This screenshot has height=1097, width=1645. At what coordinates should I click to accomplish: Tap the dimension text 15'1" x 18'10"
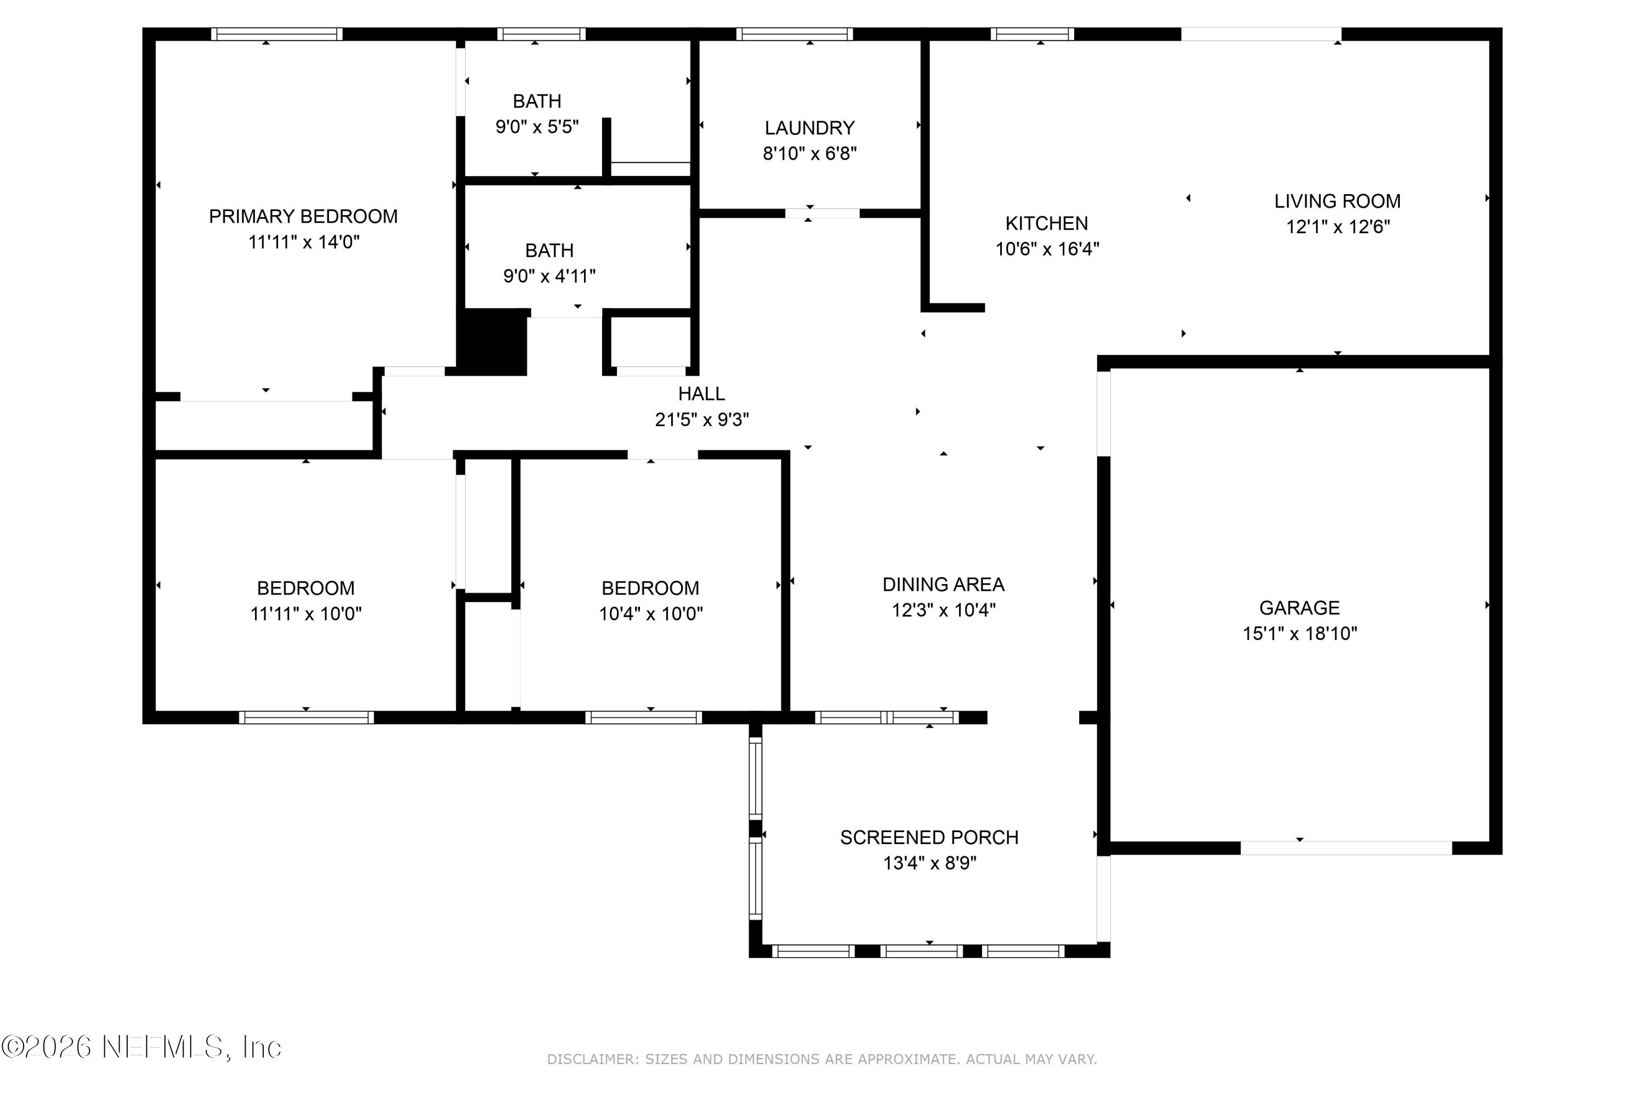(x=1299, y=633)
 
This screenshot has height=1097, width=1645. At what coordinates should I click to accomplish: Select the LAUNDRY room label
(x=809, y=128)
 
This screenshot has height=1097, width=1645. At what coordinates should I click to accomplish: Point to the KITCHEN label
(x=1046, y=223)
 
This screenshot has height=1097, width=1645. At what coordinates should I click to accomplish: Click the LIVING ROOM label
(x=1337, y=201)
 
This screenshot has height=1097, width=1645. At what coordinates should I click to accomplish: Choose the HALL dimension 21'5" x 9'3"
(x=701, y=419)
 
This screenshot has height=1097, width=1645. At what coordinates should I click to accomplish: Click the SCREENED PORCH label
(x=929, y=838)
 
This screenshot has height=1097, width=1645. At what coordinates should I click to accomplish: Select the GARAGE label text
(x=1299, y=607)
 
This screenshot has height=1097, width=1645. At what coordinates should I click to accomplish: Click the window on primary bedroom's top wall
(x=277, y=34)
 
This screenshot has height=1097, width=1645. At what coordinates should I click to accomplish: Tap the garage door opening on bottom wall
(x=1346, y=848)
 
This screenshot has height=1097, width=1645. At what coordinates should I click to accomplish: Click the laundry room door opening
(x=822, y=213)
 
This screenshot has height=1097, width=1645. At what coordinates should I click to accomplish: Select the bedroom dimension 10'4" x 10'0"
(x=650, y=614)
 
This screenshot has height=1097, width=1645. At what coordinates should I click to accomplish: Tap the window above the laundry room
(x=794, y=34)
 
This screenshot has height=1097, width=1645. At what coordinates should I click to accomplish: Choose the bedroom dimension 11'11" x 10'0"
(x=305, y=614)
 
